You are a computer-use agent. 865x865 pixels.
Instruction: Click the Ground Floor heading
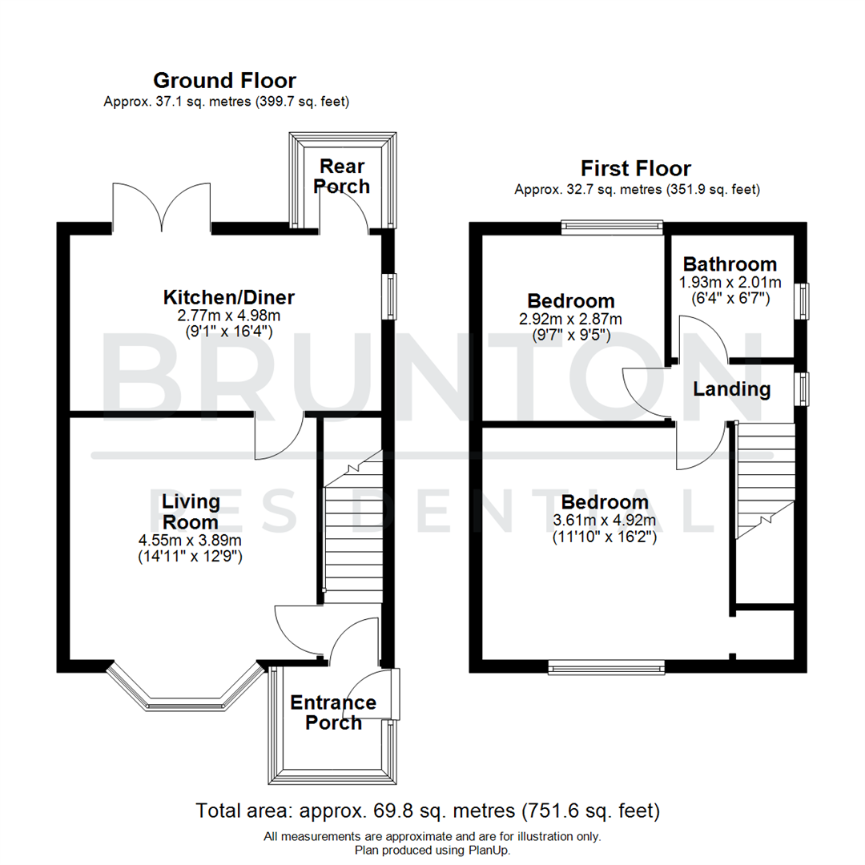pos(224,80)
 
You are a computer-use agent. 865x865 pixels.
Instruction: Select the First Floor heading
pos(635,168)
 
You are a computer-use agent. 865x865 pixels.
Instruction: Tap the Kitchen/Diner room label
pos(229,298)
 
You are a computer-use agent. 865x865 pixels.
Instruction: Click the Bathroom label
pos(729,264)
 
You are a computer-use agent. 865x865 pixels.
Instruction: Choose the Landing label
pos(731,390)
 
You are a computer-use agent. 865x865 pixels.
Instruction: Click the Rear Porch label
pos(342,176)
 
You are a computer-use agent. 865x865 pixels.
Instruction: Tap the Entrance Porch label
pos(333,713)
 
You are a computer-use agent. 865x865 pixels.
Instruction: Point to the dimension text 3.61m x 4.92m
pos(605,521)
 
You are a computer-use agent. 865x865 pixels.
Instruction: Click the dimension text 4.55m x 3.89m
pos(191,540)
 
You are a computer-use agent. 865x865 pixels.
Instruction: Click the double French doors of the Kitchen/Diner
pos(163,205)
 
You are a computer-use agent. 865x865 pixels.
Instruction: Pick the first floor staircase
pos(765,481)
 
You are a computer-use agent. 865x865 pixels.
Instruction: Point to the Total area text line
pos(428,811)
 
